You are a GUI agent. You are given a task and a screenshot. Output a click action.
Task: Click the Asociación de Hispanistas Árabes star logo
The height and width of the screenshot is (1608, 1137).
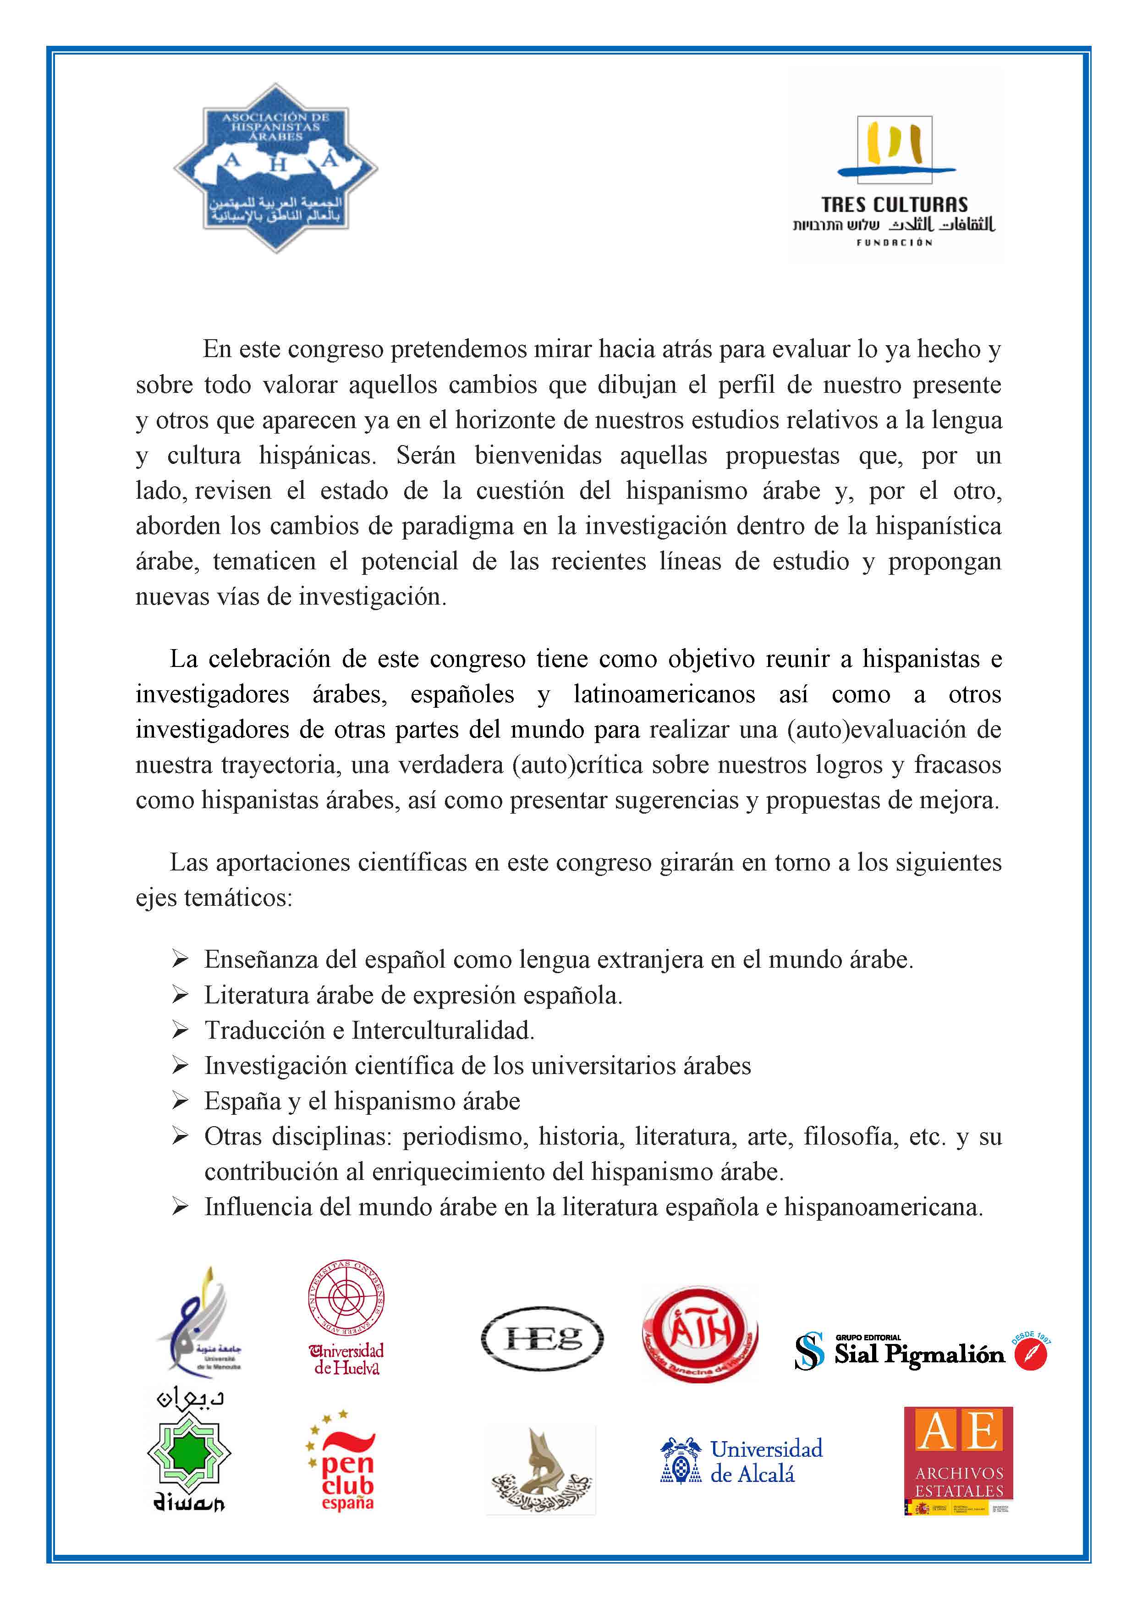276,169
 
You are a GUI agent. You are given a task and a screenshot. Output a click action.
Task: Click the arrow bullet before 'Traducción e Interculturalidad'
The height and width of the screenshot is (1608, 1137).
180,1030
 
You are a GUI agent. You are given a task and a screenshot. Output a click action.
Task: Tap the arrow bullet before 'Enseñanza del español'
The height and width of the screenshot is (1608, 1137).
180,959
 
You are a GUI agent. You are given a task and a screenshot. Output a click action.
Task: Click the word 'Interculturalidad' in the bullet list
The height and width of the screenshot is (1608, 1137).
443,1030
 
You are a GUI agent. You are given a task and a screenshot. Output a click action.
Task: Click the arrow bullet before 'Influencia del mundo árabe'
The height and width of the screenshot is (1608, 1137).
180,1207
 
